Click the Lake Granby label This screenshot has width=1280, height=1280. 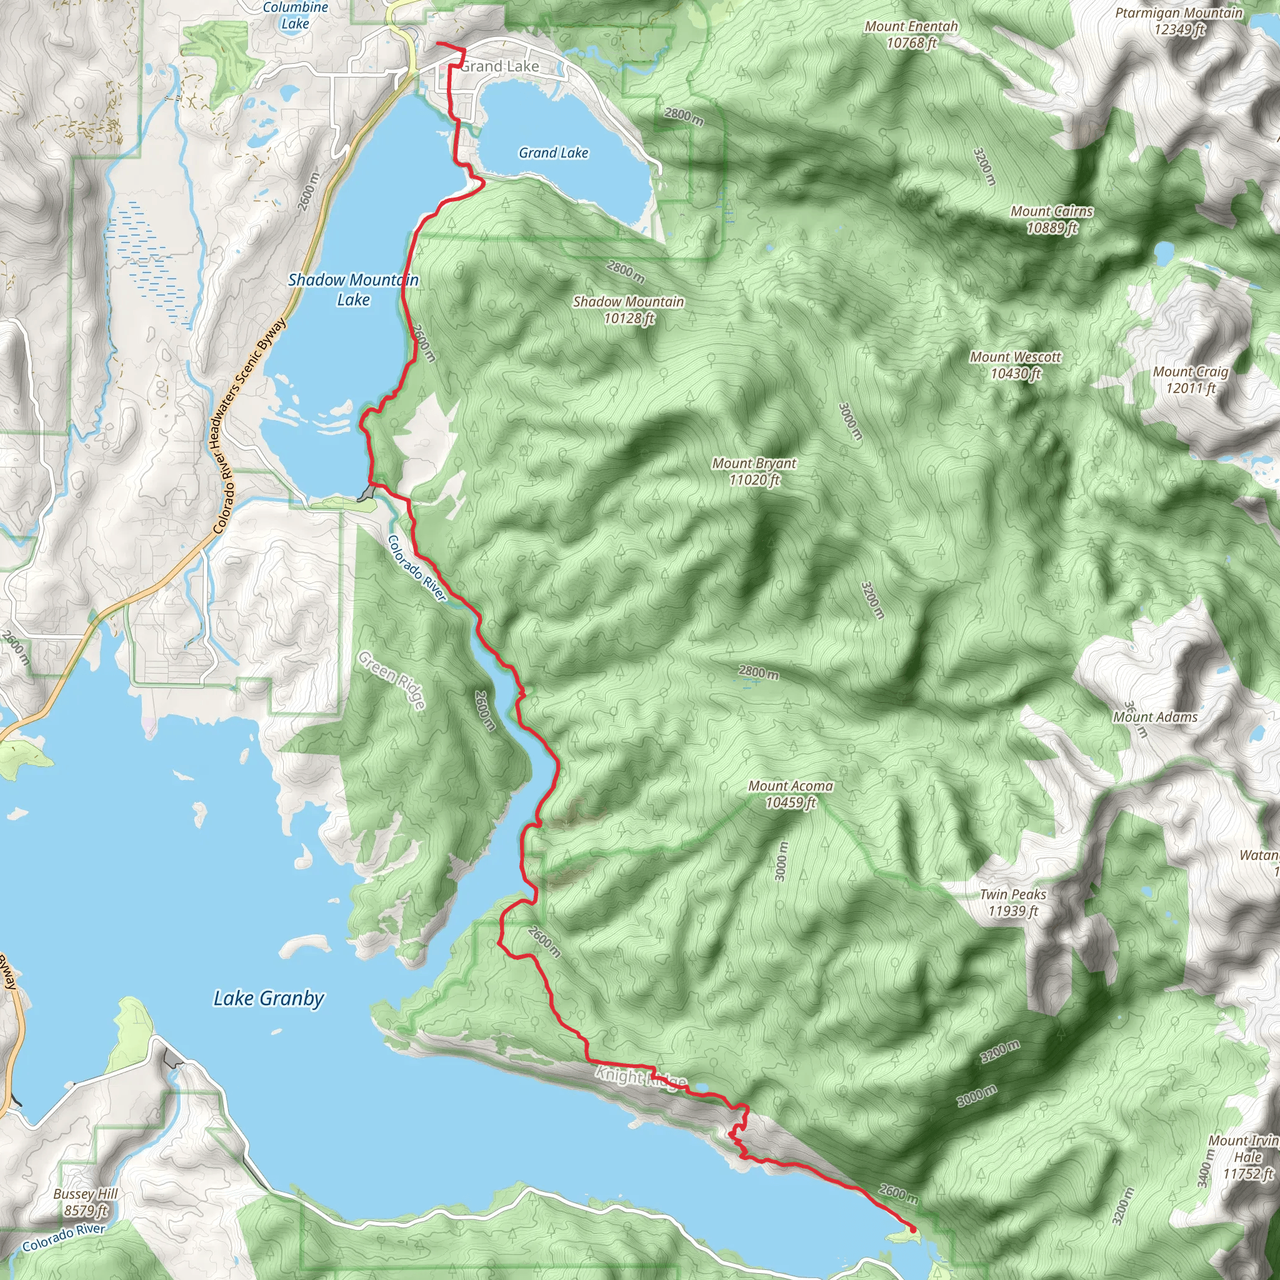point(268,998)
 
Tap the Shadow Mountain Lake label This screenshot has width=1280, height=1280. point(353,289)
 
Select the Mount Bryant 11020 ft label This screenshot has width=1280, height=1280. point(754,472)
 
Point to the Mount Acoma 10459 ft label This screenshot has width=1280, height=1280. point(791,794)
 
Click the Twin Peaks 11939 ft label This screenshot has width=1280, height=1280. point(1013,902)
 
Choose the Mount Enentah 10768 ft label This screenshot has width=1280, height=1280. point(911,34)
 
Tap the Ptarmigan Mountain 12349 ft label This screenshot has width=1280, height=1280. point(1179,21)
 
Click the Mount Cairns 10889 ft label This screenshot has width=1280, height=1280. point(1051,219)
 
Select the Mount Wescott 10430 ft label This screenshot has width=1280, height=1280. point(1016,365)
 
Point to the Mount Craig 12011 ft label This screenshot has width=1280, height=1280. point(1191,379)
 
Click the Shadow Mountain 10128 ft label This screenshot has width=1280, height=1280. point(628,309)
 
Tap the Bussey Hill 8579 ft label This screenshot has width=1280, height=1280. point(86,1202)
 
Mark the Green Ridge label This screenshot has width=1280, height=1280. point(391,680)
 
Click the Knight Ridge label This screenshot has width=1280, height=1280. point(639,1077)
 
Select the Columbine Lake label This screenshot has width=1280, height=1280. point(296,15)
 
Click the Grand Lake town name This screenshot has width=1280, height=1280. point(500,66)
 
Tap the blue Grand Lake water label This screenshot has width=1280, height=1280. point(553,153)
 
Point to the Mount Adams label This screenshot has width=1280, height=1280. point(1155,717)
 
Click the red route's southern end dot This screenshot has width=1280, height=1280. point(914,1229)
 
